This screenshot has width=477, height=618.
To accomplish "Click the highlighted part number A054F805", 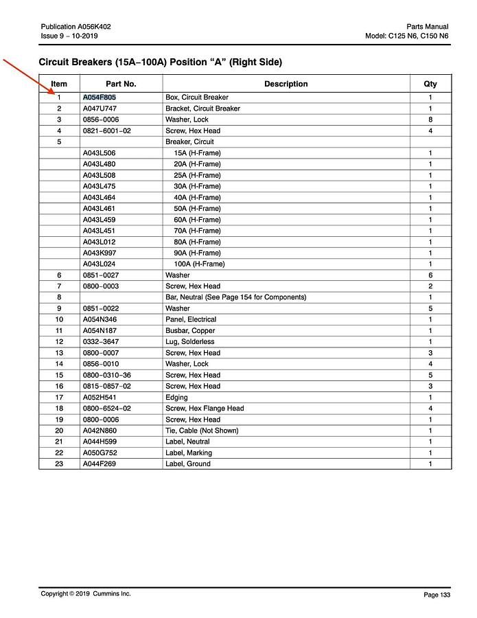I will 100,98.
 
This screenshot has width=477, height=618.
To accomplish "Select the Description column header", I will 286,84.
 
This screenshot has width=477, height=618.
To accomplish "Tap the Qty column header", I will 430,84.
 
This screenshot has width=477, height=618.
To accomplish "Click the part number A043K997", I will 100,253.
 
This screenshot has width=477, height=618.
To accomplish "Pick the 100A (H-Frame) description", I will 199,264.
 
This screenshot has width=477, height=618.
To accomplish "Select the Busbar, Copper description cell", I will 190,331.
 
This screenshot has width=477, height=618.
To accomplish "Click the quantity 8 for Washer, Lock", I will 430,119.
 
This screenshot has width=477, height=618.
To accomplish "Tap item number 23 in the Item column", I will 59,464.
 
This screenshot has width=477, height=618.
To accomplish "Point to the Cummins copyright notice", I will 86,594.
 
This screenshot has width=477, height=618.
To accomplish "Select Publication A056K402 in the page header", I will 76,26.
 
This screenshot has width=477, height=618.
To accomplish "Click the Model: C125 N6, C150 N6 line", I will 407,36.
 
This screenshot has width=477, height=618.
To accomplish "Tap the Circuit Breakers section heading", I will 160,62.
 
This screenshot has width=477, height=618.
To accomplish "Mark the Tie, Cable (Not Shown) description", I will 202,431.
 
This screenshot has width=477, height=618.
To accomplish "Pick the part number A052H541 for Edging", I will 100,398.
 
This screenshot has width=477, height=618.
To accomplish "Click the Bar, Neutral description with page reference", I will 235,297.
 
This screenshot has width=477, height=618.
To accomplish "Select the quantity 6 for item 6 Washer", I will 430,275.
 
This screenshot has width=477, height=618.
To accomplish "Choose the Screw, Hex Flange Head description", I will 205,409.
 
